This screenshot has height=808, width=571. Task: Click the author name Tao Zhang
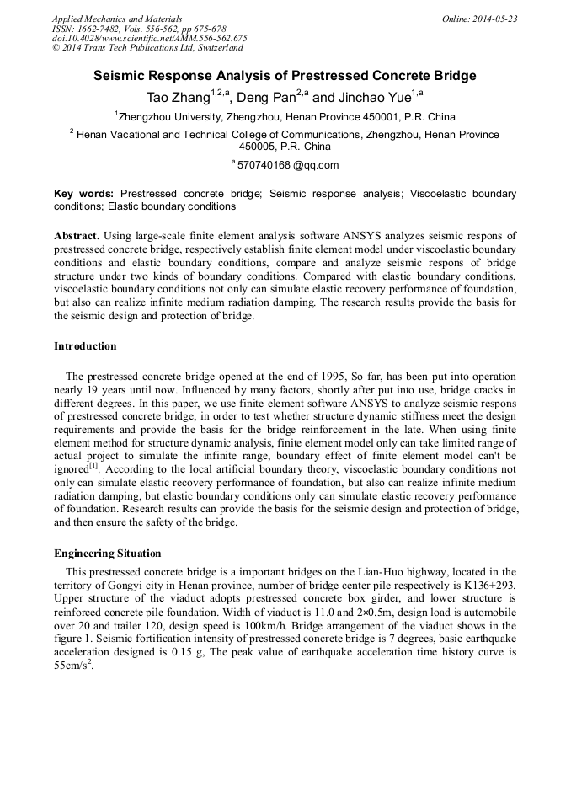click(178, 98)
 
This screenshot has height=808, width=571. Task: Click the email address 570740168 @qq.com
click(288, 165)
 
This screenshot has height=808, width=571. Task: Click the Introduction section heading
click(85, 346)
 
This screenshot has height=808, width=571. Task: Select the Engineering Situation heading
click(107, 554)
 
